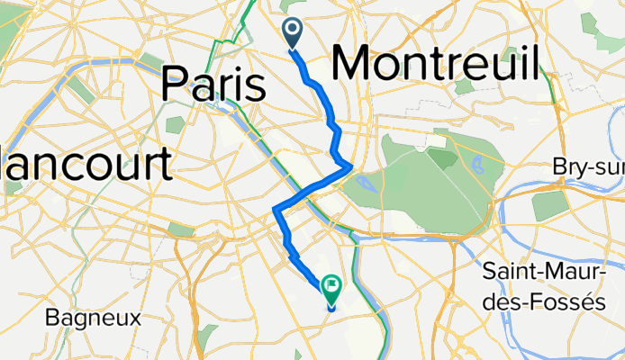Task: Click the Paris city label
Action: (213, 85)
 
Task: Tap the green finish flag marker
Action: (331, 289)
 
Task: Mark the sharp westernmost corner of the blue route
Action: (274, 211)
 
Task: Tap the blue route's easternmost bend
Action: (349, 166)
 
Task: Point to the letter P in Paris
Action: (174, 85)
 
